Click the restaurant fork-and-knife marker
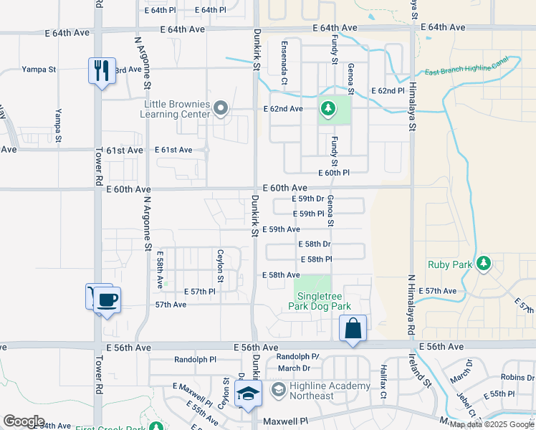[100, 70]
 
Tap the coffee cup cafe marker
[107, 300]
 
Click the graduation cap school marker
[249, 394]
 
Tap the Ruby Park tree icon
[484, 263]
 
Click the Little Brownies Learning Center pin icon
[221, 109]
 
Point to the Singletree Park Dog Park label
[320, 300]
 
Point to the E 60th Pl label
[334, 173]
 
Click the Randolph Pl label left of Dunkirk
[195, 359]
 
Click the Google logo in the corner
[24, 421]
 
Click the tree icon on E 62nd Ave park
[328, 109]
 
